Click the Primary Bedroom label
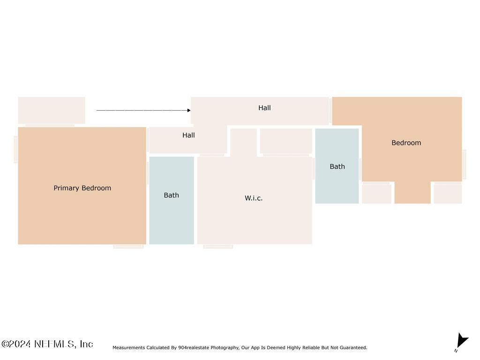(82, 188)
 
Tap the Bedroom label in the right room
(406, 142)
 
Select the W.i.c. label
(254, 198)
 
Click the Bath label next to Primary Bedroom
(171, 195)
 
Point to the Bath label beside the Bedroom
(337, 166)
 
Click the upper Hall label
(264, 108)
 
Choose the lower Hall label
(188, 135)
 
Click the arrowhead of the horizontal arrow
(189, 110)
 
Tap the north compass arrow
(462, 340)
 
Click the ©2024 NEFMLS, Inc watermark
(47, 344)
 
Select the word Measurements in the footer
(128, 347)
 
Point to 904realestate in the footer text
(194, 347)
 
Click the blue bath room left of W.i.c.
(172, 201)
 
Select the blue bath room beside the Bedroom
(337, 166)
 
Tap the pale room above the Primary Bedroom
(52, 110)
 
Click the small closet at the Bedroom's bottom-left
(376, 194)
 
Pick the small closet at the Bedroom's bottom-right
(448, 194)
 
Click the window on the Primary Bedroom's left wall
(16, 150)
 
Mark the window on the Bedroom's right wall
(464, 165)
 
